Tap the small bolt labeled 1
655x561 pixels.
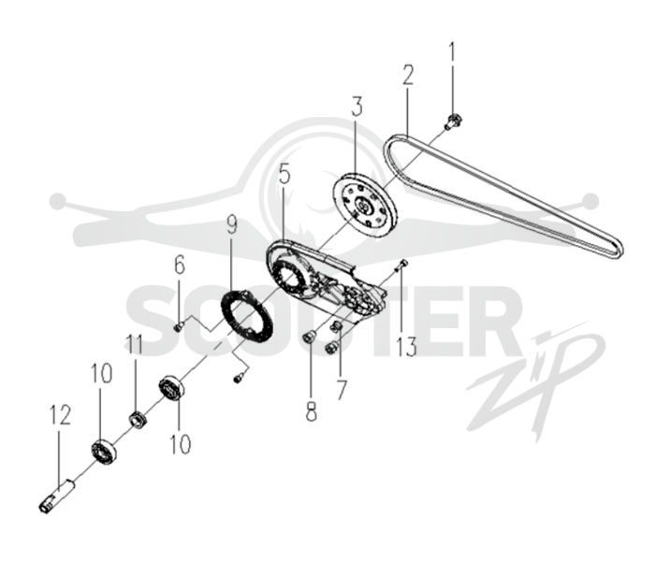coord(452,122)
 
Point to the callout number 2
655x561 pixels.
coord(407,75)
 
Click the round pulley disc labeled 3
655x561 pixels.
coord(366,205)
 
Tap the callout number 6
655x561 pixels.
coord(180,266)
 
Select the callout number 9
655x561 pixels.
coord(231,224)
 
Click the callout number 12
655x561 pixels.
coord(60,415)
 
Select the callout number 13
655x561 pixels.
coord(406,346)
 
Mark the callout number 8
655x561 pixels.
coord(311,410)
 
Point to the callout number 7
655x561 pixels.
coord(342,389)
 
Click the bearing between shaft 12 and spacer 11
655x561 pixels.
coord(104,451)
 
